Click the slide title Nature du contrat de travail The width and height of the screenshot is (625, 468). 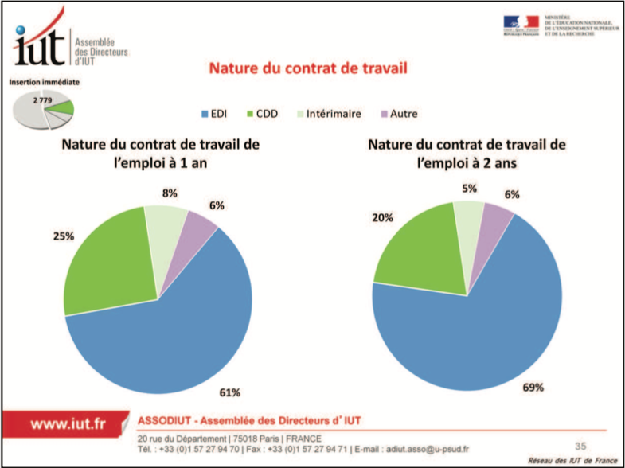pyautogui.click(x=308, y=68)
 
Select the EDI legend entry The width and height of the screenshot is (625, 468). pyautogui.click(x=225, y=114)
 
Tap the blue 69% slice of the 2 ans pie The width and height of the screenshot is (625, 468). pyautogui.click(x=478, y=318)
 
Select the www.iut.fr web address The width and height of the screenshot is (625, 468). pyautogui.click(x=68, y=424)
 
